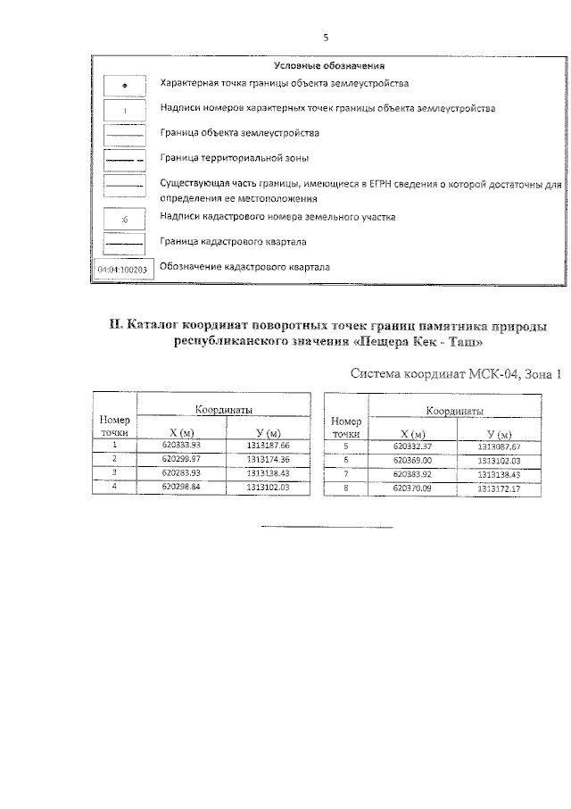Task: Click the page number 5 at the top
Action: pos(327,38)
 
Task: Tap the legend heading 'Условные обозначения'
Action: pos(329,65)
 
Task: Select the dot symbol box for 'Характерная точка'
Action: pos(124,84)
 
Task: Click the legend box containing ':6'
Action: pos(124,217)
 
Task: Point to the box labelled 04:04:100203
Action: pos(124,268)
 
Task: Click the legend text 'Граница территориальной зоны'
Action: pos(235,158)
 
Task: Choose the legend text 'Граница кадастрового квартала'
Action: pos(233,241)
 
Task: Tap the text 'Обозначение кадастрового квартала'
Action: pos(245,267)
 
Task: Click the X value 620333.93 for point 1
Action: pos(182,444)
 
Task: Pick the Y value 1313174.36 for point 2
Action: pos(269,458)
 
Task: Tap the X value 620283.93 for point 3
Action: pos(182,472)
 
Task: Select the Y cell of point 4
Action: pos(269,487)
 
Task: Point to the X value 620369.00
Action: pos(412,460)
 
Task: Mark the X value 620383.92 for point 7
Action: pos(412,474)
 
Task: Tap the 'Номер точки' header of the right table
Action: pos(345,423)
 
